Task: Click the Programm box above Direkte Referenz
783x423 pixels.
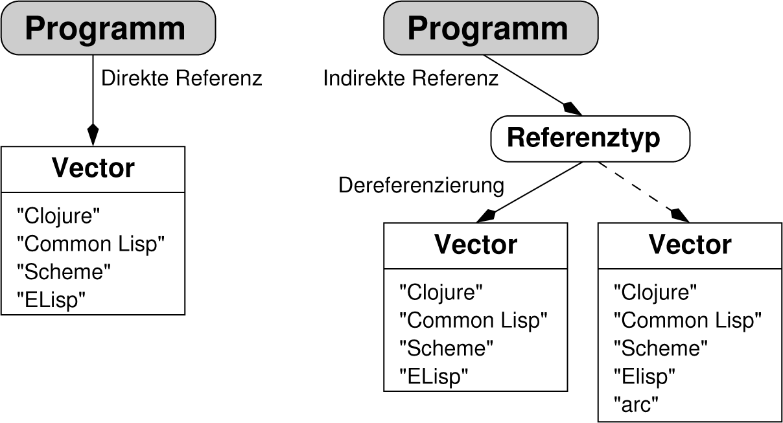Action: coord(108,29)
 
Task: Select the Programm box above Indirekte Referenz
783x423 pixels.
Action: coord(491,29)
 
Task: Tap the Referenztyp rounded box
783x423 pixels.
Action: coord(590,138)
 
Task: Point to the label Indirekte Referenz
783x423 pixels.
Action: coord(411,78)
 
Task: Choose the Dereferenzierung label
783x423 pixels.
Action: coord(421,185)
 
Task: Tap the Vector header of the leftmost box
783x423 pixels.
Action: coord(93,168)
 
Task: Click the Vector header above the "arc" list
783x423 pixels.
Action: coord(690,245)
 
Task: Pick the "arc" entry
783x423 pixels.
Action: coord(636,405)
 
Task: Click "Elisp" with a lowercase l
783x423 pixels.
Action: coord(644,376)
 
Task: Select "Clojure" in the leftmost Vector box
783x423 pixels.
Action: coord(59,216)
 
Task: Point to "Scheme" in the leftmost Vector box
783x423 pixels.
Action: coord(64,271)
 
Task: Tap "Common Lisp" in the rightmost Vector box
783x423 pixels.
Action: coord(687,321)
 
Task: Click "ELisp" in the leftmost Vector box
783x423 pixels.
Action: coord(51,299)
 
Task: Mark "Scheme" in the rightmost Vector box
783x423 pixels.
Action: coord(660,349)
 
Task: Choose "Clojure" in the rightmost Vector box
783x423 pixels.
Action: coord(655,293)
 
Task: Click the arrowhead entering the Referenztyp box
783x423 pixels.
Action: coord(571,108)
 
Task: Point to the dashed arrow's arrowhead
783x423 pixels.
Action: coord(679,214)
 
